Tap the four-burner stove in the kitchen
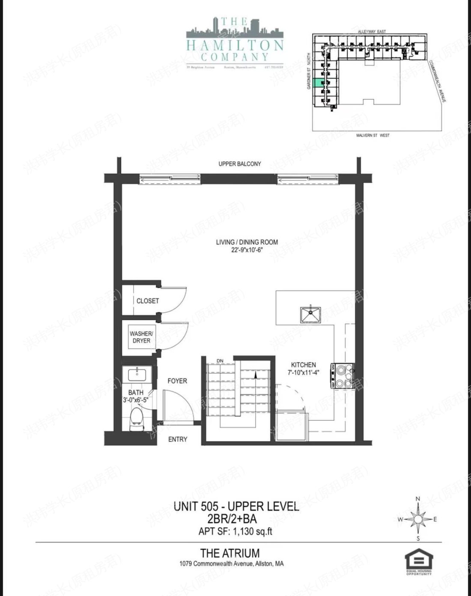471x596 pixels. (342, 376)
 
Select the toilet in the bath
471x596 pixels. (137, 417)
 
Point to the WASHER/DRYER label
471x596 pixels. (141, 337)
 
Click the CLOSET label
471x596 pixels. (147, 301)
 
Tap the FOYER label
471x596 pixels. (177, 381)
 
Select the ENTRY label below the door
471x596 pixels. (177, 439)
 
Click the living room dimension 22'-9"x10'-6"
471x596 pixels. (247, 250)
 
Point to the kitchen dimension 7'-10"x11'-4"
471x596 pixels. (304, 372)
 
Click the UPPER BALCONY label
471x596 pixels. (239, 164)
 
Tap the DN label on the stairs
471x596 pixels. (221, 361)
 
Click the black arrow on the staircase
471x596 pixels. (255, 375)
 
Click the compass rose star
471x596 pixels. (418, 519)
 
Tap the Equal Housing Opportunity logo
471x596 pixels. (419, 561)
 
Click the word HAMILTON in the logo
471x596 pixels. (235, 45)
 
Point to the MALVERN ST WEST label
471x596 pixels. (373, 135)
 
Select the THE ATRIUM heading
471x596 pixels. (230, 553)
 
